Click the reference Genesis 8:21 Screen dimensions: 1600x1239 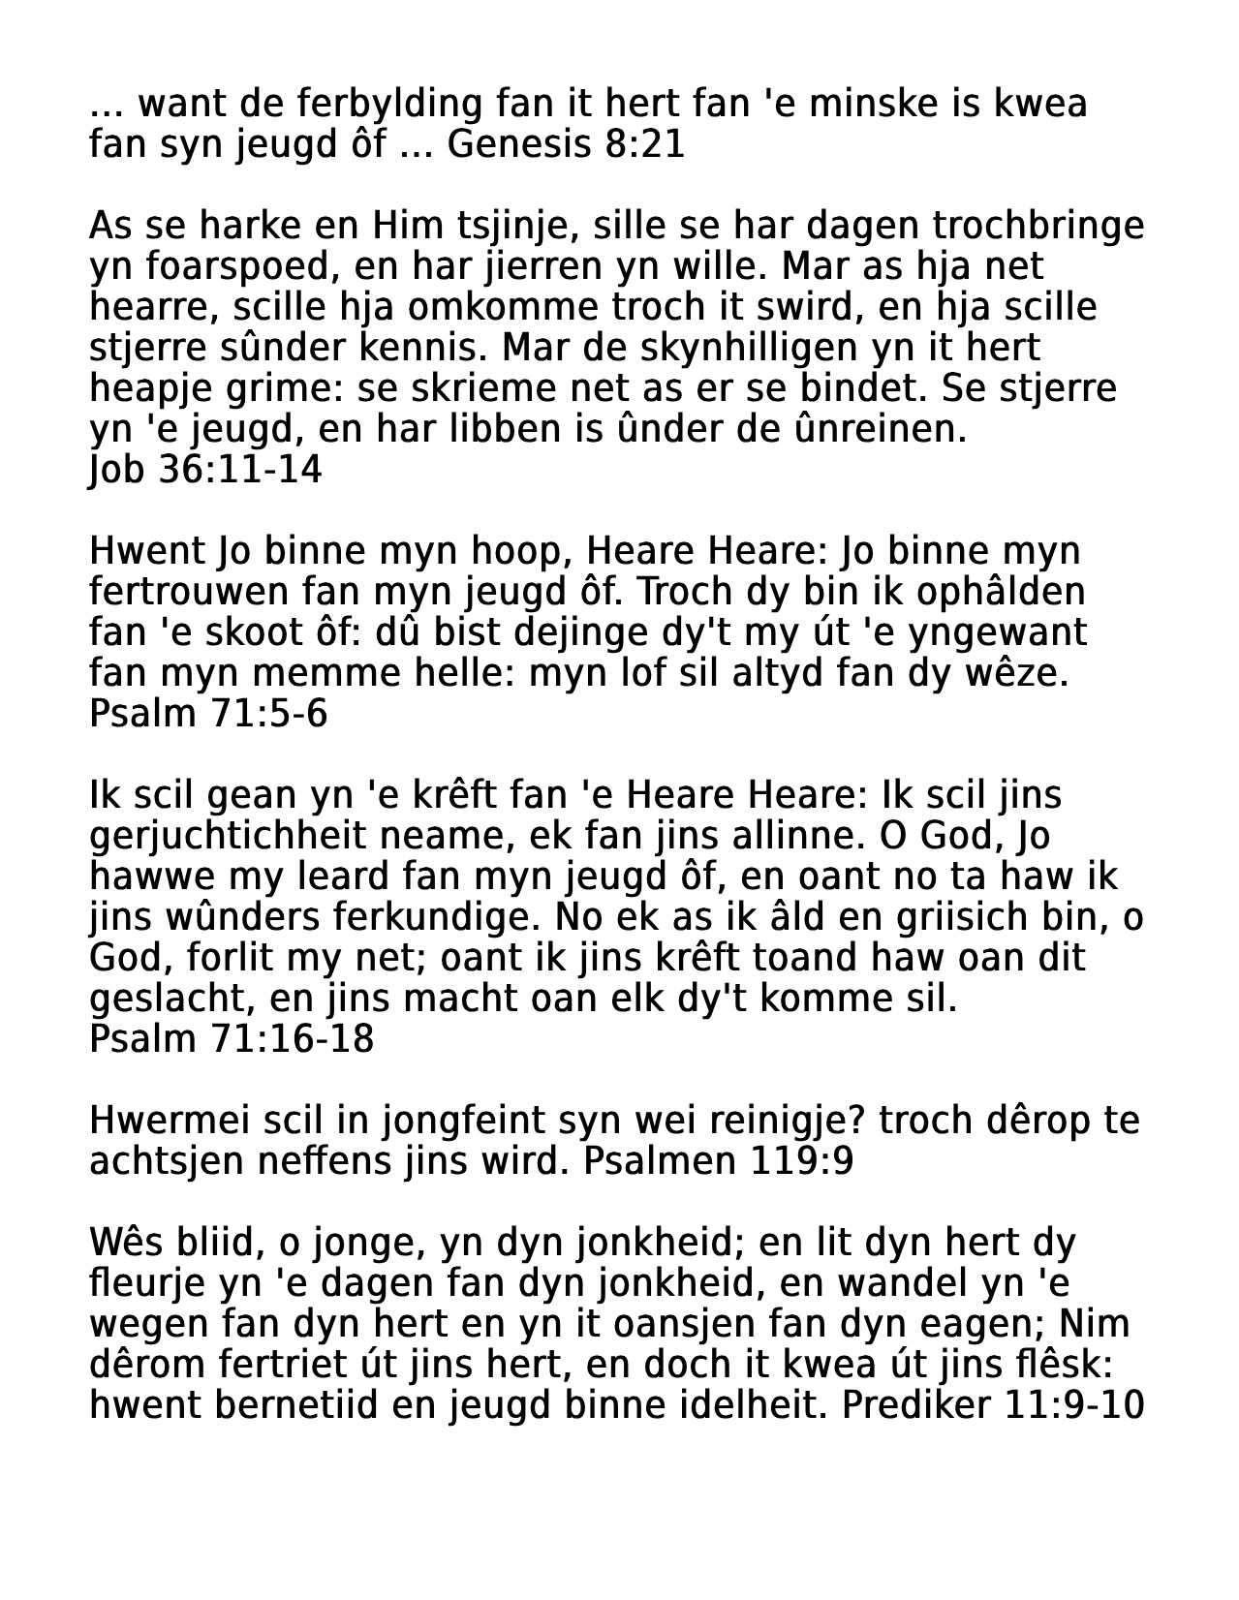[566, 144]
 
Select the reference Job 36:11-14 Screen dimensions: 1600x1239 [205, 470]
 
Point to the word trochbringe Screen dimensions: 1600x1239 [1038, 226]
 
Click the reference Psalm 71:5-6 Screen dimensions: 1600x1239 [208, 714]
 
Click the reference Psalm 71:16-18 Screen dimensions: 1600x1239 [232, 1039]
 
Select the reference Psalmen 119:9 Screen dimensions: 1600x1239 [719, 1161]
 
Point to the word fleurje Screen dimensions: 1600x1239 [146, 1283]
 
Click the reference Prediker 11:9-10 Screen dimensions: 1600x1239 [993, 1405]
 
